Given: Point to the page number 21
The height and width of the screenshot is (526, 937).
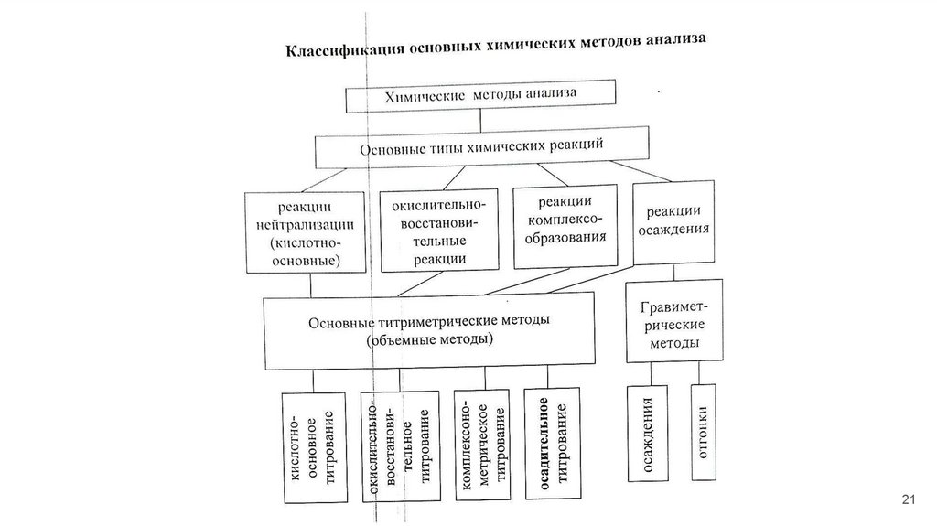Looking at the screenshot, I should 909,499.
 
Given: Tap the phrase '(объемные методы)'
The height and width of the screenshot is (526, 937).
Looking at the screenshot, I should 428,340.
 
